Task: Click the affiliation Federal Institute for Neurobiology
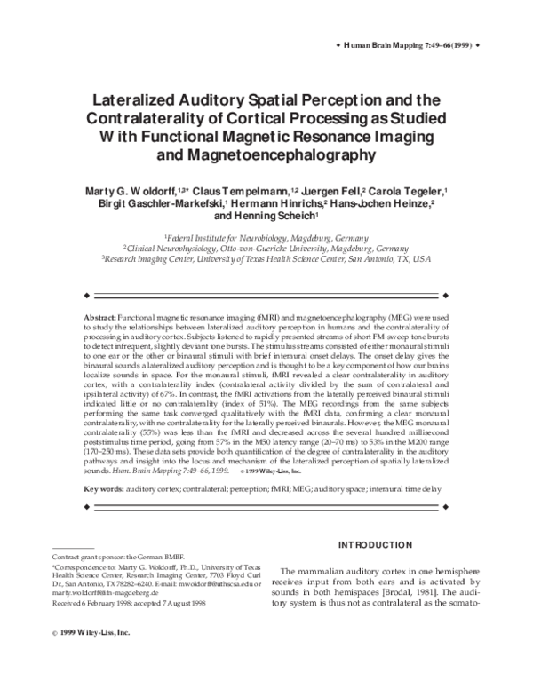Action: [x=266, y=239]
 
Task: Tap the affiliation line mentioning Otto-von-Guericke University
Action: [x=266, y=250]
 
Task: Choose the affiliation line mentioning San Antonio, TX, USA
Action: [x=266, y=261]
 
